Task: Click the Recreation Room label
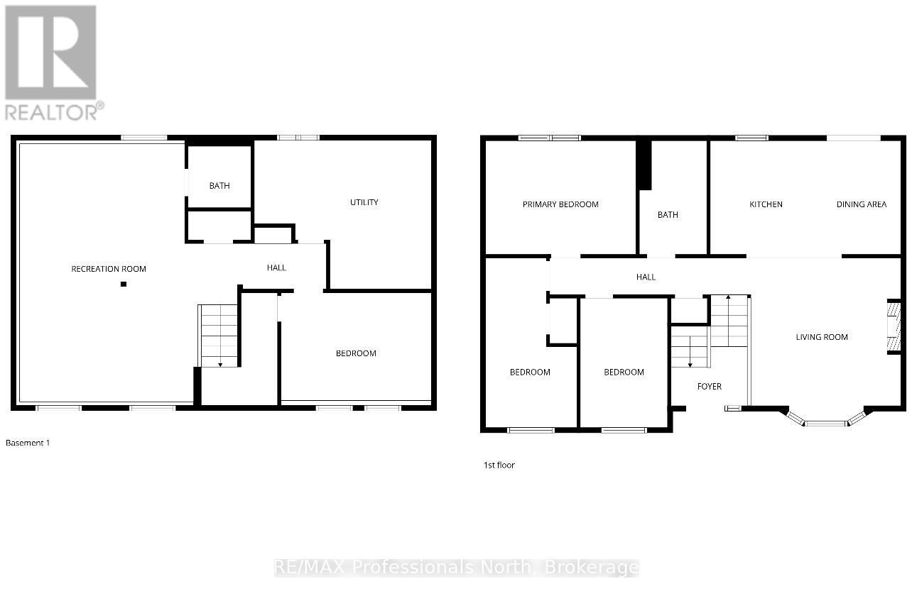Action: click(x=109, y=269)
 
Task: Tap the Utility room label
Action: click(x=364, y=202)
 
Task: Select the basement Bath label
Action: click(x=219, y=186)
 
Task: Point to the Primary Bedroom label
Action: click(x=560, y=204)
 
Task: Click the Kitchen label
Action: click(x=766, y=204)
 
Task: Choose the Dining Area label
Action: click(x=861, y=204)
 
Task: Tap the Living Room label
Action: click(x=822, y=337)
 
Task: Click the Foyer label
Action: click(x=709, y=387)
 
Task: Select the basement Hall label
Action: click(x=276, y=267)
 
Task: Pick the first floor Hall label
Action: click(x=646, y=277)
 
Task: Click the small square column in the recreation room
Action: click(x=124, y=284)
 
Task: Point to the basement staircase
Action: click(x=218, y=336)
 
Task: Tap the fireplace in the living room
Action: click(x=894, y=327)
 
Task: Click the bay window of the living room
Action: click(x=825, y=421)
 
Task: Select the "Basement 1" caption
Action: click(x=28, y=443)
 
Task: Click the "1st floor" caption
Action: click(x=499, y=465)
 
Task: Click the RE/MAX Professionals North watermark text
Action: click(x=456, y=568)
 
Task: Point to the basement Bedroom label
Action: click(x=356, y=353)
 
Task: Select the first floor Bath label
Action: click(x=668, y=215)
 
